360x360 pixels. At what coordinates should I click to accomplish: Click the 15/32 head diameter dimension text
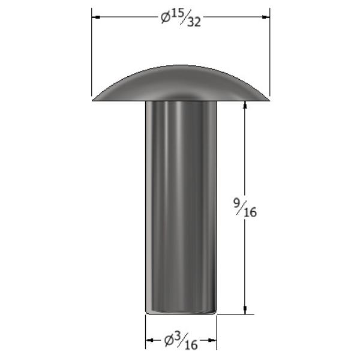pyautogui.click(x=181, y=19)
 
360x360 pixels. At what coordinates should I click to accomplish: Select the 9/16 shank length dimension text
pyautogui.click(x=245, y=208)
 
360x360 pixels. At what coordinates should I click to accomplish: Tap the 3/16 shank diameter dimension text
pyautogui.click(x=181, y=341)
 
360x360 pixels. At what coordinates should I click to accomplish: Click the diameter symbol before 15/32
pyautogui.click(x=166, y=18)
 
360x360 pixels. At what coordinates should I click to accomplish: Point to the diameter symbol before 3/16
pyautogui.click(x=169, y=341)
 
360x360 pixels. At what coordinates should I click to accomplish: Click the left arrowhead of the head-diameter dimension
pyautogui.click(x=96, y=17)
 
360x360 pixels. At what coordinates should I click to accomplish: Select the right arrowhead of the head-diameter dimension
pyautogui.click(x=266, y=17)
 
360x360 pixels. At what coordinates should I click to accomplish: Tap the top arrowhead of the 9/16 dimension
pyautogui.click(x=245, y=105)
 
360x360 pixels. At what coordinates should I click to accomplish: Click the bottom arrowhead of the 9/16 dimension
pyautogui.click(x=245, y=310)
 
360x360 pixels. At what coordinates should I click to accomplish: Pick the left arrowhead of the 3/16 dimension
pyautogui.click(x=150, y=340)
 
